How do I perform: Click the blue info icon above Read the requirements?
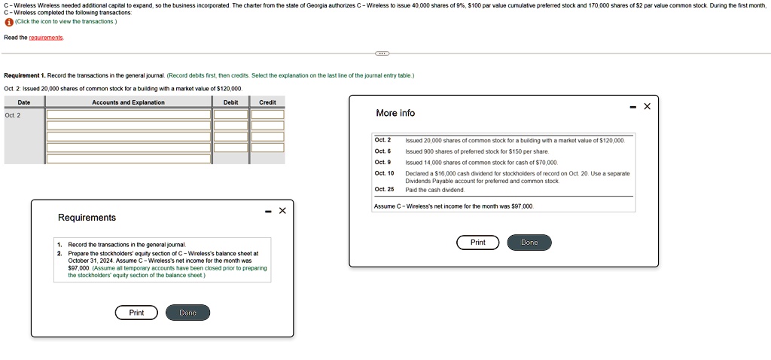8,22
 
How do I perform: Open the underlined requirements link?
46,38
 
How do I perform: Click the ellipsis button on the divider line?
382,53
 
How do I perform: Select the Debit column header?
231,102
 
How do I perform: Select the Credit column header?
267,102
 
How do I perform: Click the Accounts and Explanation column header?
128,102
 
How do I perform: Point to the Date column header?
24,102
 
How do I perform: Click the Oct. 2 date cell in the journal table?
13,115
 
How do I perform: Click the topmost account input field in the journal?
128,114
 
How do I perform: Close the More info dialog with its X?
647,107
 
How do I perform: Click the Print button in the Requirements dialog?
136,313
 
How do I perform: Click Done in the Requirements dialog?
187,313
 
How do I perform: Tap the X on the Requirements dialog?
282,211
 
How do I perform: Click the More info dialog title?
395,113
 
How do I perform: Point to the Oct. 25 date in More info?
384,189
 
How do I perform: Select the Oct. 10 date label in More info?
384,173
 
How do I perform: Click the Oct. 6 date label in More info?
382,151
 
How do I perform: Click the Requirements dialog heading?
87,218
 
